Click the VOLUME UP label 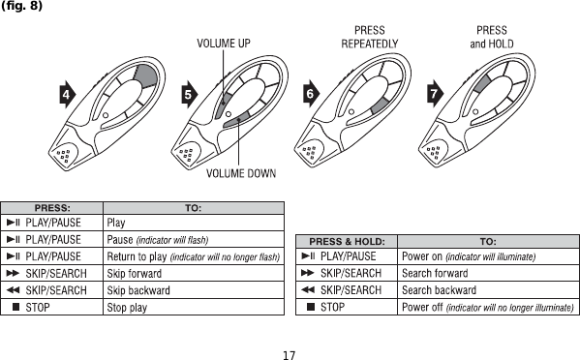tap(224, 44)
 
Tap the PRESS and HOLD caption tap(491, 37)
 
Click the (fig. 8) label tap(21, 7)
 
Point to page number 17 tap(289, 353)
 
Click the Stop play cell tap(127, 307)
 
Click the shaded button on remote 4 tap(145, 77)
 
